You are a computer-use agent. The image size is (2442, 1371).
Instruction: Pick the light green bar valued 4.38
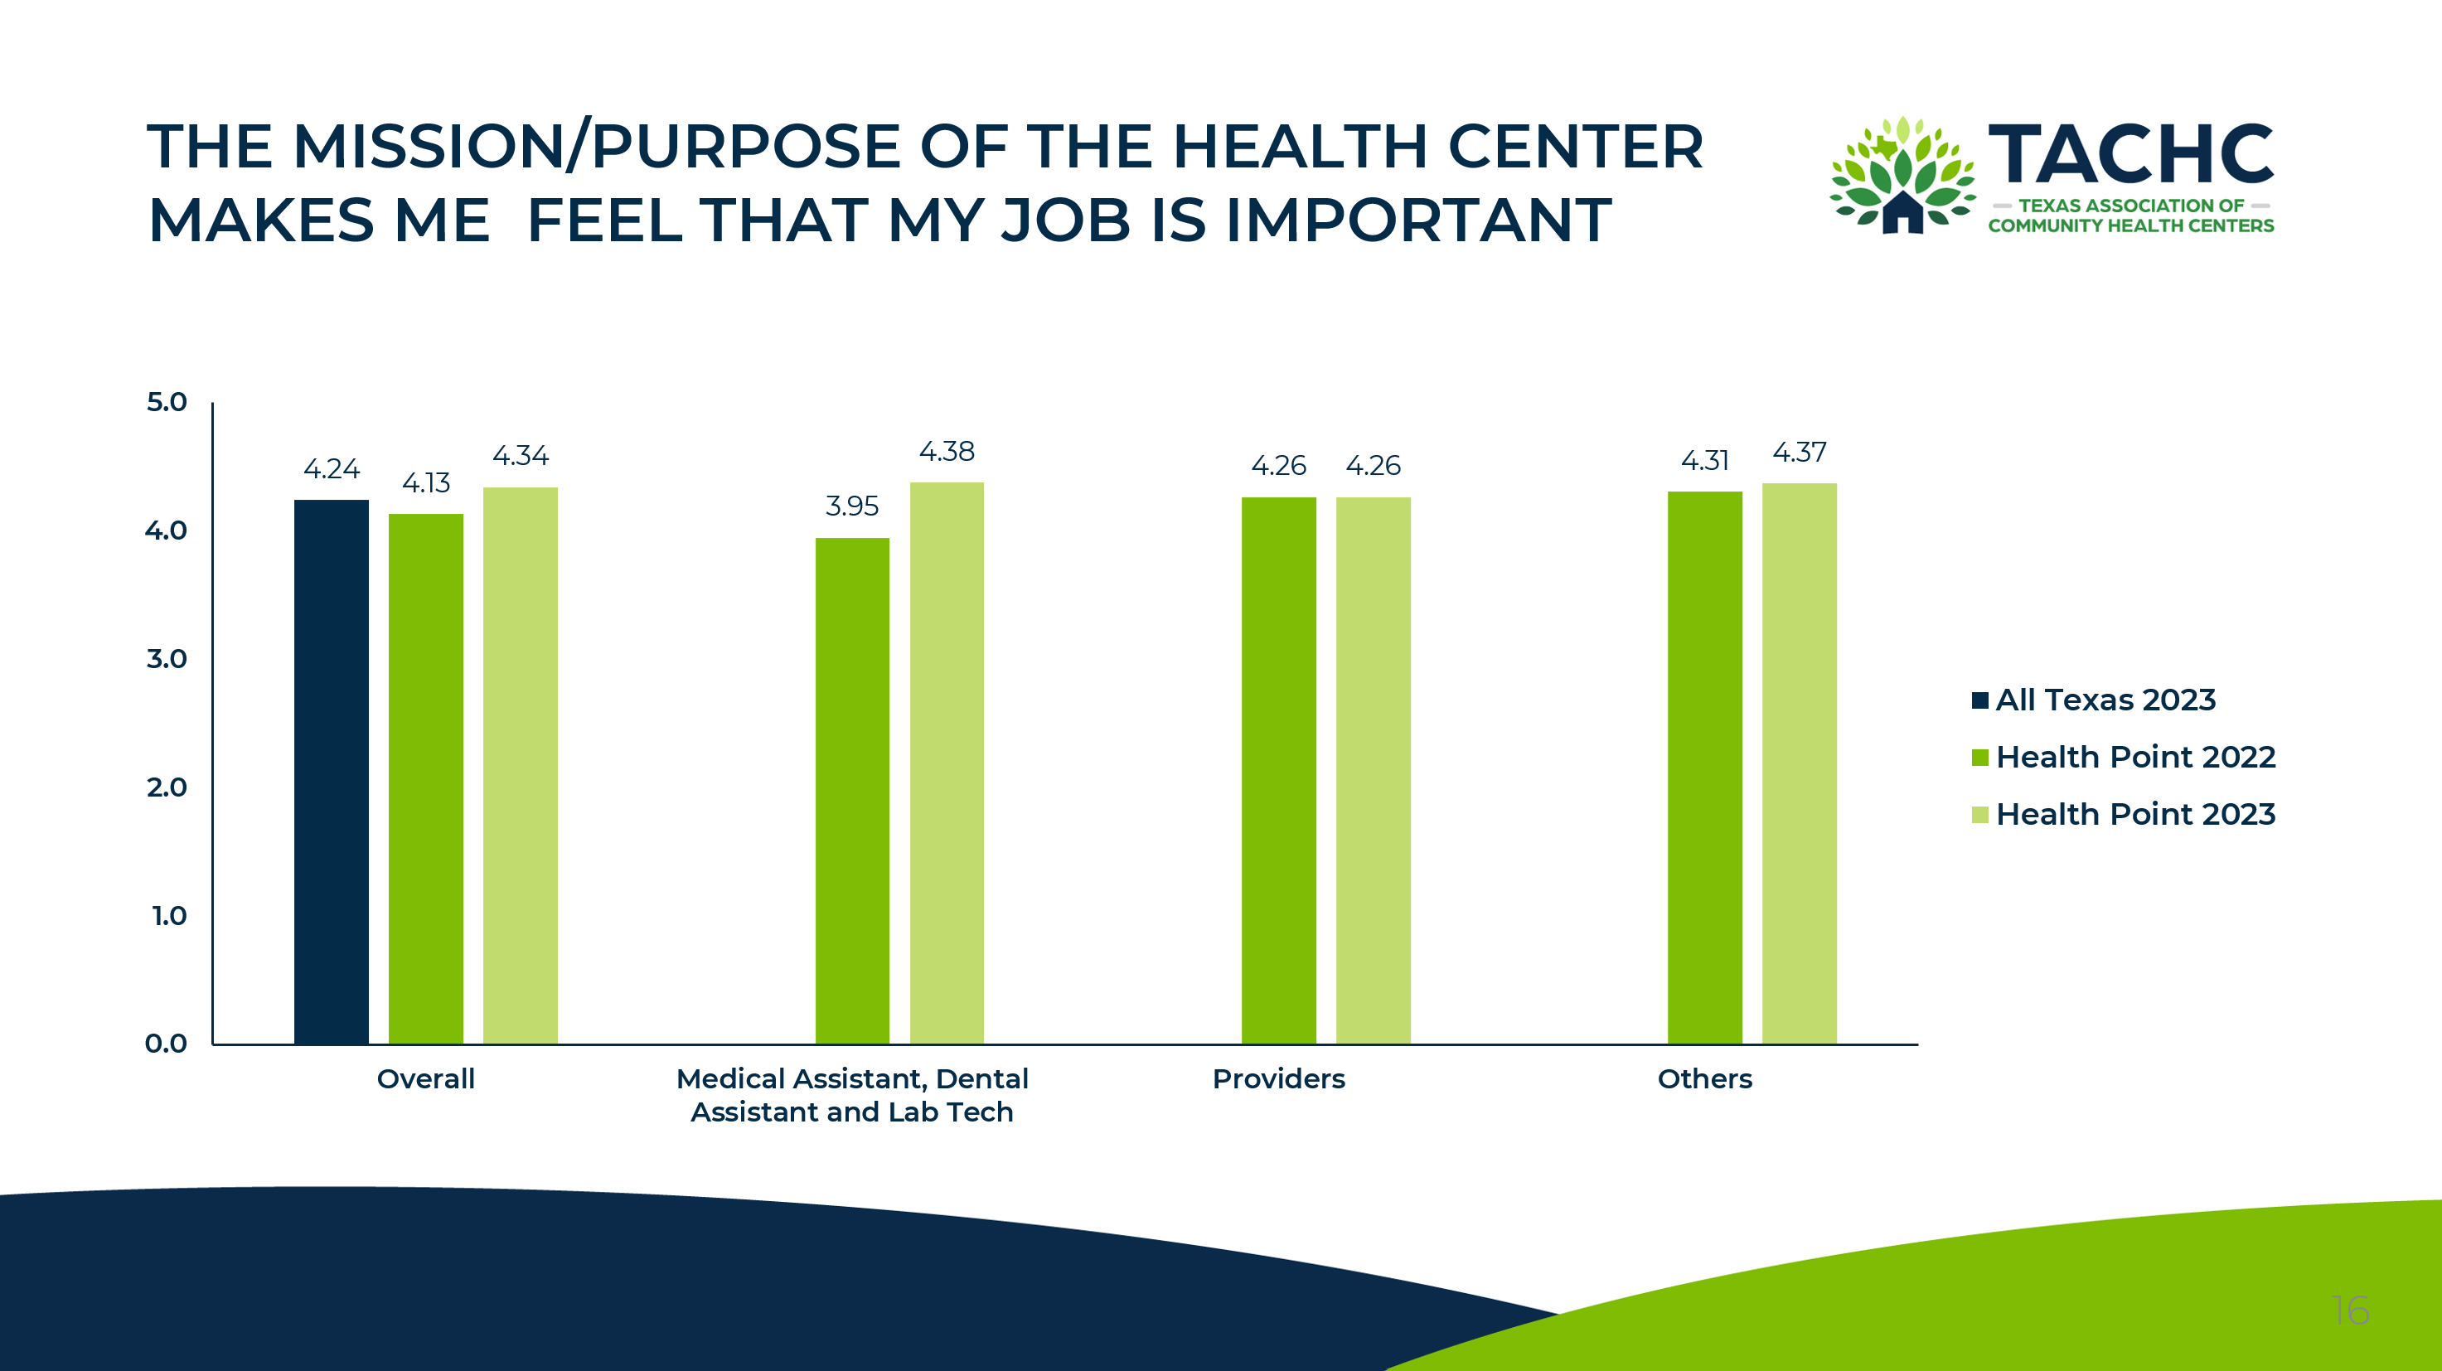tap(947, 763)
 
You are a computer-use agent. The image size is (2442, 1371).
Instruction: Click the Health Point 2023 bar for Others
tap(1800, 763)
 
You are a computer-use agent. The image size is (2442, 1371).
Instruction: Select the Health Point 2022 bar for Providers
tap(1279, 770)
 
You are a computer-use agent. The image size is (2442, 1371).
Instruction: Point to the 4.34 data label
tap(521, 456)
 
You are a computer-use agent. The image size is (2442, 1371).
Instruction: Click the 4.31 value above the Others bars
tap(1704, 461)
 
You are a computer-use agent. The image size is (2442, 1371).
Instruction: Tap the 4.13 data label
tap(425, 483)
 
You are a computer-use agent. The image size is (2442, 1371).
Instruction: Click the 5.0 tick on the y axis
tap(167, 402)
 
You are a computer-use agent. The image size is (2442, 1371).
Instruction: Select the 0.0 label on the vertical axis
tap(166, 1044)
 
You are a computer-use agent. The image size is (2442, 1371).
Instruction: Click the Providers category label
tap(1279, 1079)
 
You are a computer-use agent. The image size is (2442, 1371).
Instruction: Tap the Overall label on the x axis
tap(425, 1079)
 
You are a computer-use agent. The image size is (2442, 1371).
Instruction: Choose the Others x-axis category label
tap(1704, 1079)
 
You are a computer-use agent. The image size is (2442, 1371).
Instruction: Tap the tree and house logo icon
tap(1902, 177)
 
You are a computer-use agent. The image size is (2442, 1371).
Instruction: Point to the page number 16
tap(2350, 1311)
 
